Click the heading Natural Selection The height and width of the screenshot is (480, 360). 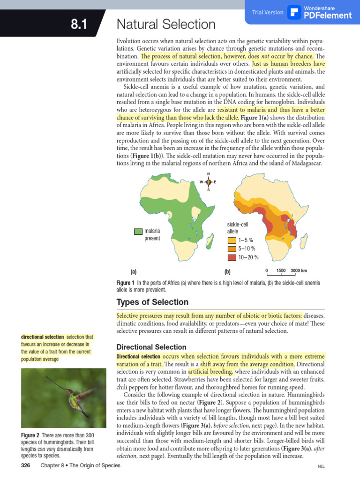pos(166,24)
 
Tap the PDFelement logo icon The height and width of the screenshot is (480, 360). pos(294,12)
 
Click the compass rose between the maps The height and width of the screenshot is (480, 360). pos(209,182)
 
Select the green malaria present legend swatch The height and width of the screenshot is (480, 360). pos(138,231)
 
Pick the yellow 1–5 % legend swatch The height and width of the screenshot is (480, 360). pos(232,240)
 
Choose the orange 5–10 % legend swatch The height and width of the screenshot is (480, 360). pos(232,249)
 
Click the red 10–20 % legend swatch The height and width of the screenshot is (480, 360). pos(232,257)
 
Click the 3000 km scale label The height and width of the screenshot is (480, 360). pos(299,270)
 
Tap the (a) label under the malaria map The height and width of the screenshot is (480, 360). pos(134,271)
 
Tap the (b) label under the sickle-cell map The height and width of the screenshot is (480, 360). pos(227,271)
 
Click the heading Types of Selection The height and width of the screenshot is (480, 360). pos(152,302)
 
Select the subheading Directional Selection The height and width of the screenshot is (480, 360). pos(151,347)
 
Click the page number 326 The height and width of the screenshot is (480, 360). pos(26,465)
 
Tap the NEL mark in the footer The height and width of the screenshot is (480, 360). pos(321,467)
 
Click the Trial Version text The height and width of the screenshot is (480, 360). pos(268,13)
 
